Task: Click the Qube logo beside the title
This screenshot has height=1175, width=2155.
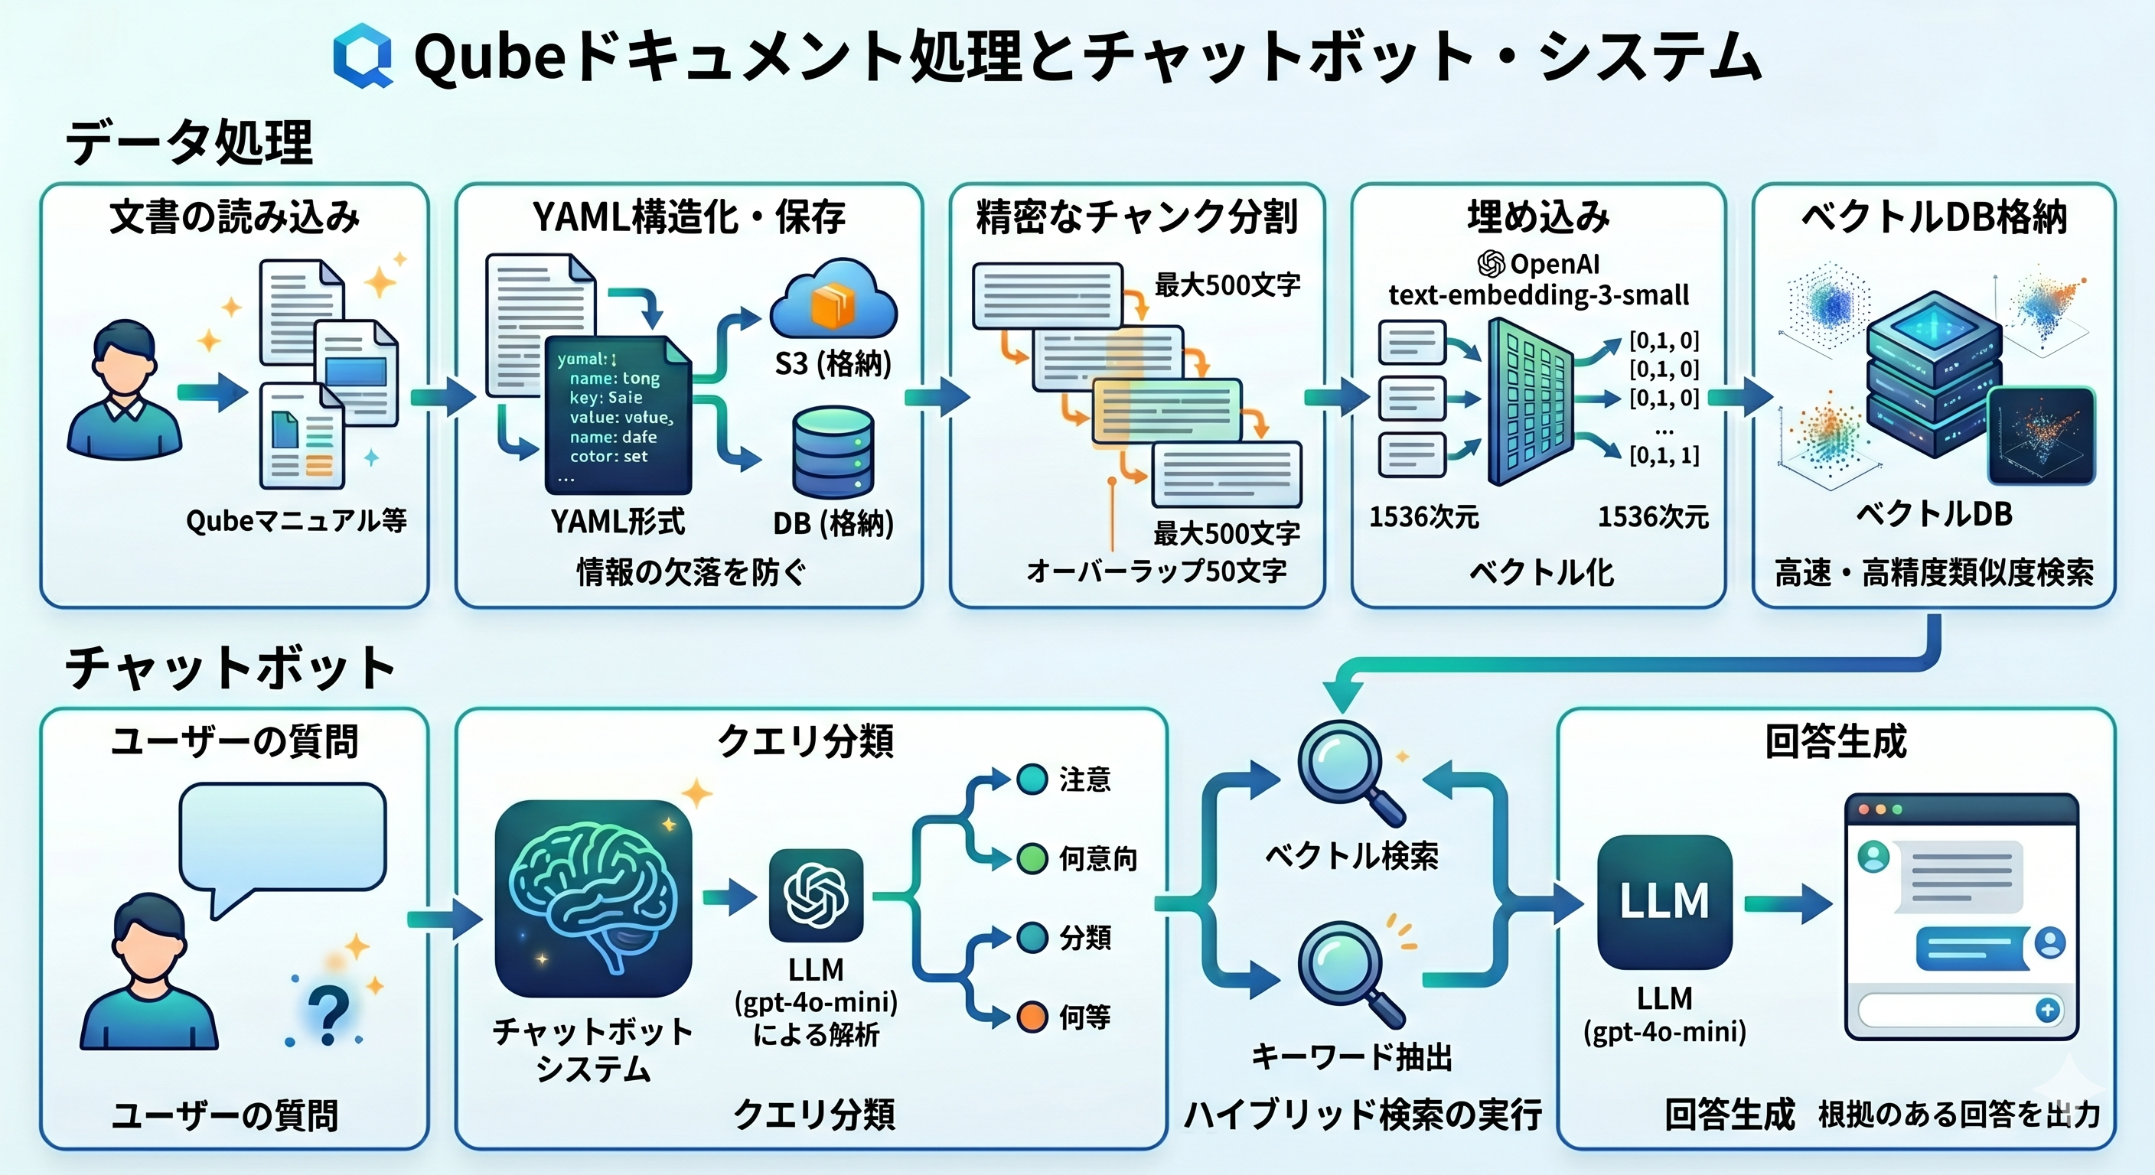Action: click(363, 55)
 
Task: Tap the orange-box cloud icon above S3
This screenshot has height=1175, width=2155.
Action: click(833, 299)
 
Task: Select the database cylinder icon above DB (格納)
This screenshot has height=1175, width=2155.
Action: click(833, 451)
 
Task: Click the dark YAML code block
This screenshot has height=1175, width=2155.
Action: click(618, 415)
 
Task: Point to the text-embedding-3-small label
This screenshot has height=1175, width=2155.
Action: click(1538, 295)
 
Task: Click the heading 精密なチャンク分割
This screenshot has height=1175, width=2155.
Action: click(1136, 217)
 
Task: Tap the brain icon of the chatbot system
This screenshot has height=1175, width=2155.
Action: click(593, 898)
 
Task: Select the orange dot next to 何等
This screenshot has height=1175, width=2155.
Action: click(1032, 1017)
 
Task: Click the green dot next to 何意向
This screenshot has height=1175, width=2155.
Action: click(1032, 859)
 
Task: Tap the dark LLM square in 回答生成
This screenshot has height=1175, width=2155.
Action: click(1664, 902)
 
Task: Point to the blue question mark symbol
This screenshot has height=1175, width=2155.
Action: click(328, 1013)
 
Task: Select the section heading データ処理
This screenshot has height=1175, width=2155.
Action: click(189, 142)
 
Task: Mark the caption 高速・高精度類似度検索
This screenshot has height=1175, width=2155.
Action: click(1933, 573)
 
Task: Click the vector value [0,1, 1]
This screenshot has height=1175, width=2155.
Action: click(1664, 456)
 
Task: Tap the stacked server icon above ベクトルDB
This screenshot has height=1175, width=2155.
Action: click(1933, 372)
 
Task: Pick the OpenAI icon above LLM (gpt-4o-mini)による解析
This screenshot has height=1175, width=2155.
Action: click(816, 896)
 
